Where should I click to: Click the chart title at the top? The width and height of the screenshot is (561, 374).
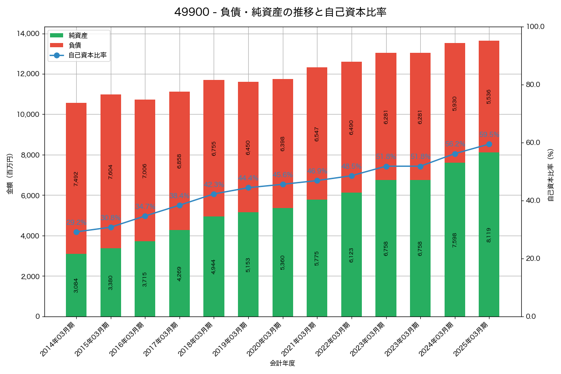click(280, 12)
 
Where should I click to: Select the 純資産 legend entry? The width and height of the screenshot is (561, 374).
click(78, 35)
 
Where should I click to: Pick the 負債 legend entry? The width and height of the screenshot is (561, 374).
click(74, 45)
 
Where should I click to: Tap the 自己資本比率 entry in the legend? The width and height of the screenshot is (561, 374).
click(87, 55)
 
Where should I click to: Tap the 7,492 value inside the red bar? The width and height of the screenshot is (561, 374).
click(76, 179)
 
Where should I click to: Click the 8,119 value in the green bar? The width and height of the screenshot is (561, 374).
click(489, 234)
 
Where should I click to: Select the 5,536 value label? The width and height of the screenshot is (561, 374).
click(489, 96)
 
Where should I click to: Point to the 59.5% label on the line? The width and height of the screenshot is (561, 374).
click(489, 135)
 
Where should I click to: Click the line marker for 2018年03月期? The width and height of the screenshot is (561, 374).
click(214, 194)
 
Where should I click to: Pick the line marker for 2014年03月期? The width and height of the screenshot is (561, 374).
click(76, 232)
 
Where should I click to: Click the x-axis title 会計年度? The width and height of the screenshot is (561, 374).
click(282, 363)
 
